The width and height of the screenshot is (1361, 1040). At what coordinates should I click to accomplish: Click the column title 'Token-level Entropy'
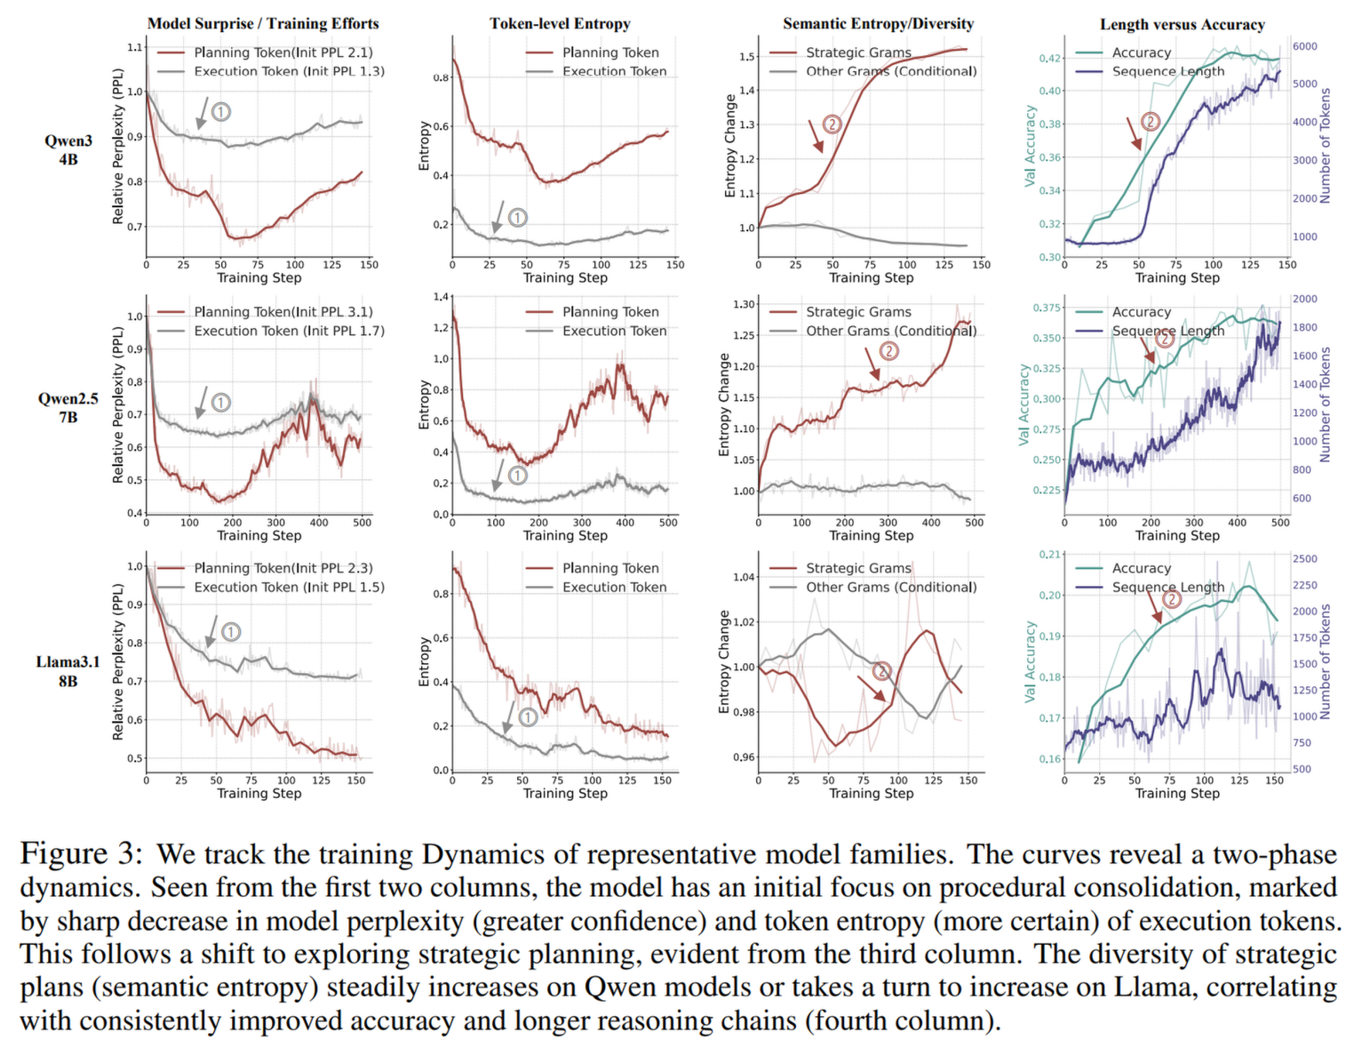(560, 24)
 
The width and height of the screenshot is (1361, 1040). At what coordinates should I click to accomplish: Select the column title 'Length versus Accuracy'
(1182, 25)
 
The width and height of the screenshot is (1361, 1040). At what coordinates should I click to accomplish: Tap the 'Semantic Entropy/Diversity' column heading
(878, 24)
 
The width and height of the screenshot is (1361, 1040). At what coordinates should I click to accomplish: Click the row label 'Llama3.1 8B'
(68, 671)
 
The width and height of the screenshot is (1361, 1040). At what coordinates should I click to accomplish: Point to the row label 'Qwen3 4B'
(68, 149)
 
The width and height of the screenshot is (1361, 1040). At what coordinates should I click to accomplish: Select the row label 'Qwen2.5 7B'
(68, 407)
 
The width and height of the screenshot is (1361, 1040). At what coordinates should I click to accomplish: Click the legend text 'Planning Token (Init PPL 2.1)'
(283, 52)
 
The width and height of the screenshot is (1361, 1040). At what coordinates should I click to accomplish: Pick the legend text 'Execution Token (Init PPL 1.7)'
(289, 331)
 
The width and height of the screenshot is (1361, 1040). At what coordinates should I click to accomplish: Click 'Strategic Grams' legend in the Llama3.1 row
(858, 568)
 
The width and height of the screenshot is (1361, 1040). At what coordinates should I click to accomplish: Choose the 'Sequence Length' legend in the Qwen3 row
(1168, 71)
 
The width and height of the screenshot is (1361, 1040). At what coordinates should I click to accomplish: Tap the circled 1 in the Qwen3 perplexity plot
(221, 112)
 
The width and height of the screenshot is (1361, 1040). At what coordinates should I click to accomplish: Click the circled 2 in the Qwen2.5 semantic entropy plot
(888, 351)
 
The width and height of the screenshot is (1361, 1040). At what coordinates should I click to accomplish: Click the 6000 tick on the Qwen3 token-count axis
(1304, 46)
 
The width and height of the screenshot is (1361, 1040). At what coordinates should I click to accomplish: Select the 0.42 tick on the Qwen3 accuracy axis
(1050, 59)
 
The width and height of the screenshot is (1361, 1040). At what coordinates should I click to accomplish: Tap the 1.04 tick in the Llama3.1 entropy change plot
(743, 577)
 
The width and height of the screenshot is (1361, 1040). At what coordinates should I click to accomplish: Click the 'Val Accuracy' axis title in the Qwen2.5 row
(1024, 404)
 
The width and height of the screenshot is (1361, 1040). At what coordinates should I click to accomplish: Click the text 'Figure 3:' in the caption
(81, 854)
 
